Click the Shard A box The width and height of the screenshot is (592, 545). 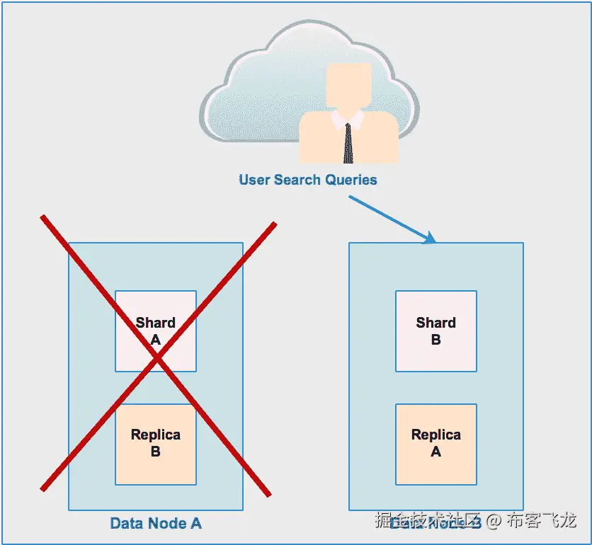point(156,331)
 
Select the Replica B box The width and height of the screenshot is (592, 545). point(156,444)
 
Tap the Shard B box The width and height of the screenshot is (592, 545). point(436,331)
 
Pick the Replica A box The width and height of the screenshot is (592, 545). point(436,444)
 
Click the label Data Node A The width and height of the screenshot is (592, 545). point(156,524)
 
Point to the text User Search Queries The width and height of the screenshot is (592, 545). point(308,180)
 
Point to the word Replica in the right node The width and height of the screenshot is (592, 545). point(436,435)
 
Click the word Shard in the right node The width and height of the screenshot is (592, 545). point(436,323)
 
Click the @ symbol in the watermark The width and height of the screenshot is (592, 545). point(494,522)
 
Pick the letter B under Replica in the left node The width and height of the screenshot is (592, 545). point(156,452)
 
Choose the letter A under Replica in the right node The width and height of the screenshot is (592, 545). point(436,452)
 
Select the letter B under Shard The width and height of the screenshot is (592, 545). point(436,340)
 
